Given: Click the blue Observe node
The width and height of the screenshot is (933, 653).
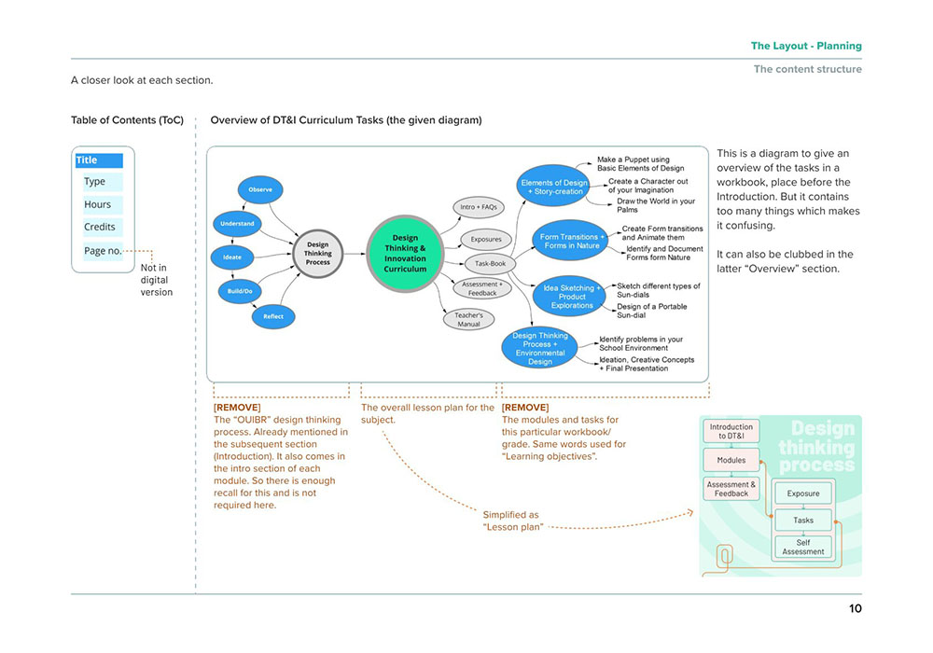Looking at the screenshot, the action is (x=260, y=189).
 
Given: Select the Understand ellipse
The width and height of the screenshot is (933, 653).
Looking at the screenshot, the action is (x=237, y=224).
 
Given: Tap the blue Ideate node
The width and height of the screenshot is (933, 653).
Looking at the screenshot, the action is (x=232, y=257).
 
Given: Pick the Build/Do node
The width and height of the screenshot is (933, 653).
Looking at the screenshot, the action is (x=240, y=291).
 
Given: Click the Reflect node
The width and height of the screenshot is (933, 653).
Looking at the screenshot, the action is (x=273, y=316).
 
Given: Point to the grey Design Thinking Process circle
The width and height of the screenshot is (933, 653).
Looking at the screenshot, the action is (x=318, y=254).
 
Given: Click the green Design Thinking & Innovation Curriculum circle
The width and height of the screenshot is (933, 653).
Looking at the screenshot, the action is (x=405, y=254).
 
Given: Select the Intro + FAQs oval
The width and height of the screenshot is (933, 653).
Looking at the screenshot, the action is (x=479, y=207).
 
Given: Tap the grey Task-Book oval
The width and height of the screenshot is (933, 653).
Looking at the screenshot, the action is (x=491, y=263).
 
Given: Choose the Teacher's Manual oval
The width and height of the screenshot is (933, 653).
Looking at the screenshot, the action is (x=469, y=319).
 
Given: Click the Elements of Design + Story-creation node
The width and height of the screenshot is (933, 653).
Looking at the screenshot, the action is (x=554, y=186).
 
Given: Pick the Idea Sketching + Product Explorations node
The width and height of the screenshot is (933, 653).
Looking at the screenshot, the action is (x=569, y=296).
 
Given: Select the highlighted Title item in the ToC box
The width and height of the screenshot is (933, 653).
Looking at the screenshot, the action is (x=100, y=160).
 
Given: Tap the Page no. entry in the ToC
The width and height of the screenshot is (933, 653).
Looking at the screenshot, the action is (x=103, y=251).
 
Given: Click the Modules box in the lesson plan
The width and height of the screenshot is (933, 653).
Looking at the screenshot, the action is (x=731, y=460).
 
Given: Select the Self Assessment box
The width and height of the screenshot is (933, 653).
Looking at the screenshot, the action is (x=803, y=548).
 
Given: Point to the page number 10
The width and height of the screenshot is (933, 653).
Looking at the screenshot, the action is (x=855, y=608).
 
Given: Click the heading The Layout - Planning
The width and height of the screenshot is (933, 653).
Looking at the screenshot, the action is (x=806, y=46).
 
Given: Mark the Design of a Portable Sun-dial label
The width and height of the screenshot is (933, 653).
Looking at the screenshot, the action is (x=651, y=311).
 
